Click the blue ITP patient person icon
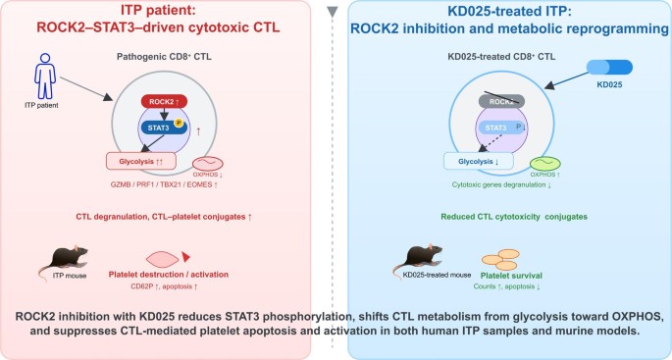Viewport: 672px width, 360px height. [x=45, y=76]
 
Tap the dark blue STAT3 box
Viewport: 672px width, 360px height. [x=163, y=127]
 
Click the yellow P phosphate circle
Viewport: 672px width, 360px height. [x=179, y=124]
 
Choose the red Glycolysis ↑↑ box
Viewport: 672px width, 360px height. [x=141, y=161]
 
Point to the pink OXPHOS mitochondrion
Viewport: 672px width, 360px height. [x=208, y=164]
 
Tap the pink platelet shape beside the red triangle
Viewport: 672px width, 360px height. [x=162, y=259]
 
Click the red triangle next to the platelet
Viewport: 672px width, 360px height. [x=185, y=257]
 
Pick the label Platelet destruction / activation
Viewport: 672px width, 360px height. [x=169, y=275]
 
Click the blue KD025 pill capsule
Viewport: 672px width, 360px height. [x=609, y=68]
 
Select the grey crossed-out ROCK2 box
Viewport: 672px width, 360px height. [x=501, y=101]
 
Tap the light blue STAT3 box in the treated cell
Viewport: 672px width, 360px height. [x=501, y=128]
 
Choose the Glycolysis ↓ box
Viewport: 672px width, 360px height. [x=479, y=162]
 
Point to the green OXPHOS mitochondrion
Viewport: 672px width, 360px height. [x=545, y=164]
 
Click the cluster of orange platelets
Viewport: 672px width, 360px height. [x=500, y=260]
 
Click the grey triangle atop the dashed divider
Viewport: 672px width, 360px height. [x=333, y=12]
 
